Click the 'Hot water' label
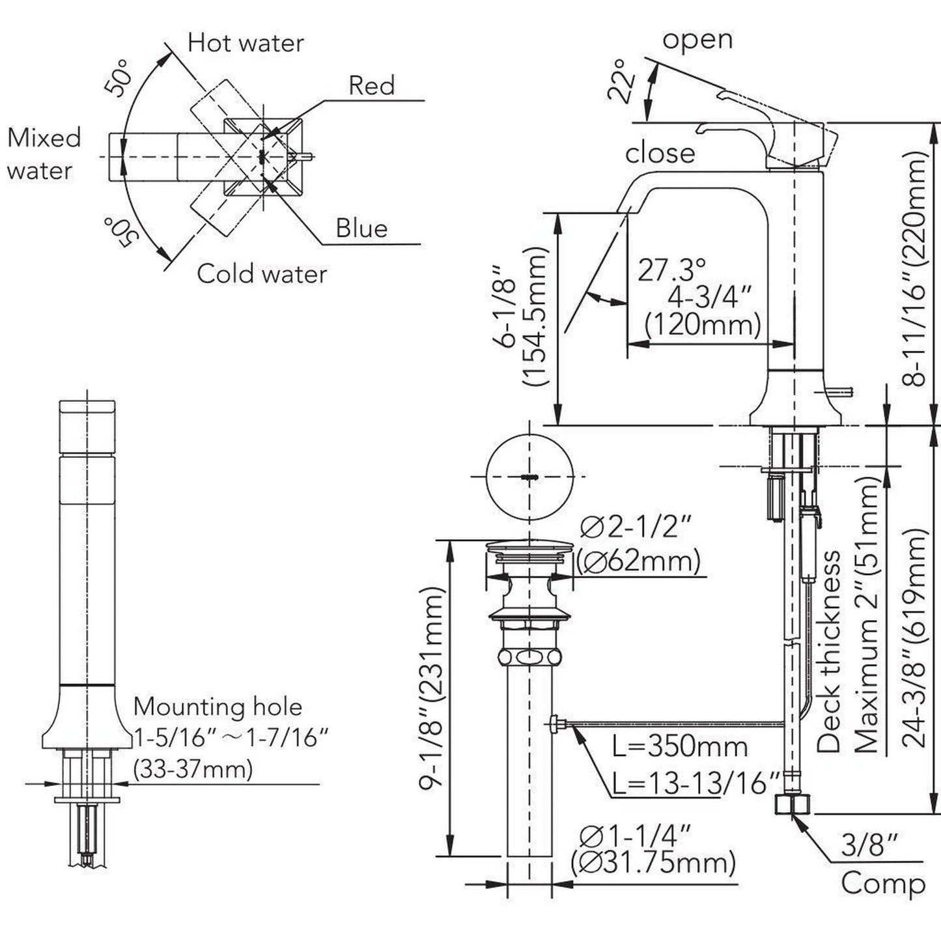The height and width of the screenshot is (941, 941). [x=246, y=43]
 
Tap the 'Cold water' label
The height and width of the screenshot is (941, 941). [x=262, y=274]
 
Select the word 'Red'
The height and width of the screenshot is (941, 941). [x=371, y=85]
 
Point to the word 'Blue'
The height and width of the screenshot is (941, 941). [x=361, y=228]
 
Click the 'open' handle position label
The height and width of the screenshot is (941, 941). [x=697, y=39]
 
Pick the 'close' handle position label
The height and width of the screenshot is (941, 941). [x=660, y=153]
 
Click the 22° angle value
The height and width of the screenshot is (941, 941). [x=621, y=81]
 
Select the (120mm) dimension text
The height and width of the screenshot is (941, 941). [x=702, y=324]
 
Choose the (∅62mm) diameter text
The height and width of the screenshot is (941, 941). [x=638, y=561]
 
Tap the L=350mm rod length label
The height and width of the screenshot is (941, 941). [x=680, y=746]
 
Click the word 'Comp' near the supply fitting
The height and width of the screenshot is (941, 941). [x=883, y=884]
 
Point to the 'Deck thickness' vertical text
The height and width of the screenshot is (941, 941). [x=828, y=651]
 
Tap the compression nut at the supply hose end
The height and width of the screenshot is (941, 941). [x=792, y=804]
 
